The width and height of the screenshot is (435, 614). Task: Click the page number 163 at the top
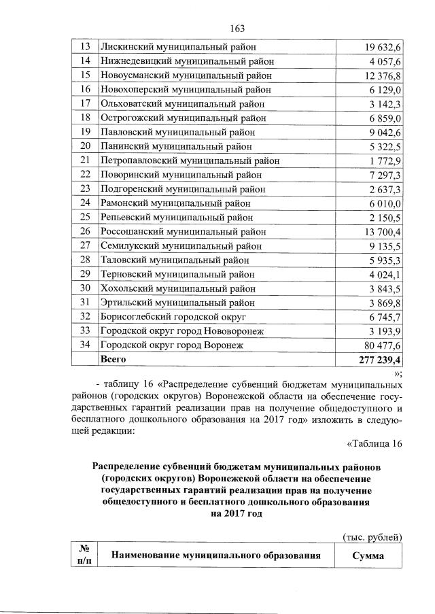(x=237, y=28)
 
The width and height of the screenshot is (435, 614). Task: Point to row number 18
(x=86, y=117)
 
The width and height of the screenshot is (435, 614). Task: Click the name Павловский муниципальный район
(x=180, y=131)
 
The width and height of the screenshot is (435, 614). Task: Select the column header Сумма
(x=368, y=556)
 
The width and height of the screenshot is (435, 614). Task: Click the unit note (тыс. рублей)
(x=372, y=537)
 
